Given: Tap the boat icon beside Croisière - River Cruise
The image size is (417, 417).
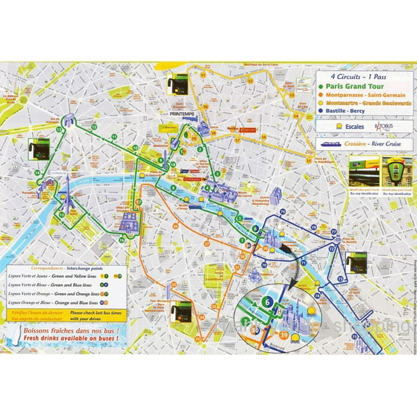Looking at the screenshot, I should point(331,143).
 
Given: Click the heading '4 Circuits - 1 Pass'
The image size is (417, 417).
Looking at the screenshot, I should point(354,75).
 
